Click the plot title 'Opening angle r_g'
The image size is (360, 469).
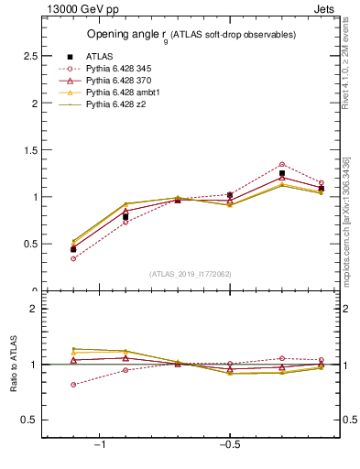pyautogui.click(x=191, y=35)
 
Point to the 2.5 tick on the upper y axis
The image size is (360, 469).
pyautogui.click(x=30, y=57)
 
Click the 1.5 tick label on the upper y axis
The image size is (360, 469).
pyautogui.click(x=30, y=150)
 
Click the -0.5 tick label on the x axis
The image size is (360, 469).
pyautogui.click(x=228, y=445)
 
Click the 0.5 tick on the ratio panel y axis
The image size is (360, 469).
pyautogui.click(x=30, y=420)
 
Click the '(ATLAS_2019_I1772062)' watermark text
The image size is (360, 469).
pyautogui.click(x=191, y=273)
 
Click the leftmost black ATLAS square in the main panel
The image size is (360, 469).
pyautogui.click(x=73, y=249)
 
